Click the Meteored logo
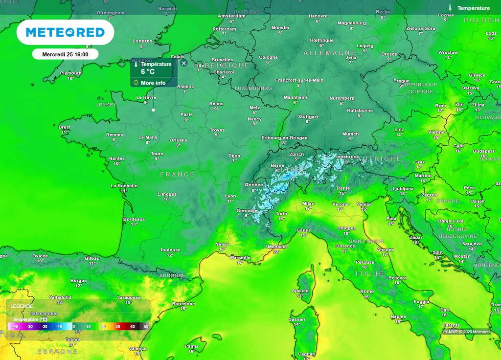tap(65, 32)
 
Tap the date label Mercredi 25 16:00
tap(65, 54)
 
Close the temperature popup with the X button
tap(184, 63)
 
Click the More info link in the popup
tap(153, 83)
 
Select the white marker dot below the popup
tap(153, 110)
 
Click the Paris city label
tap(186, 114)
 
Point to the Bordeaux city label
tap(134, 219)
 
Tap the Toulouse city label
tap(170, 250)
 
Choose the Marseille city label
tap(240, 257)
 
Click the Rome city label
tap(367, 292)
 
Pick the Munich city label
tap(350, 134)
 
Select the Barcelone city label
tap(183, 304)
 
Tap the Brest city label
tap(65, 127)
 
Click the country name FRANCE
tap(178, 175)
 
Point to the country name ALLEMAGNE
tap(329, 53)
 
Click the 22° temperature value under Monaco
tap(276, 252)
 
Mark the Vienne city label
tap(436, 132)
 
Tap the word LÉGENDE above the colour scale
tap(22, 306)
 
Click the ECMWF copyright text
tap(466, 332)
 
